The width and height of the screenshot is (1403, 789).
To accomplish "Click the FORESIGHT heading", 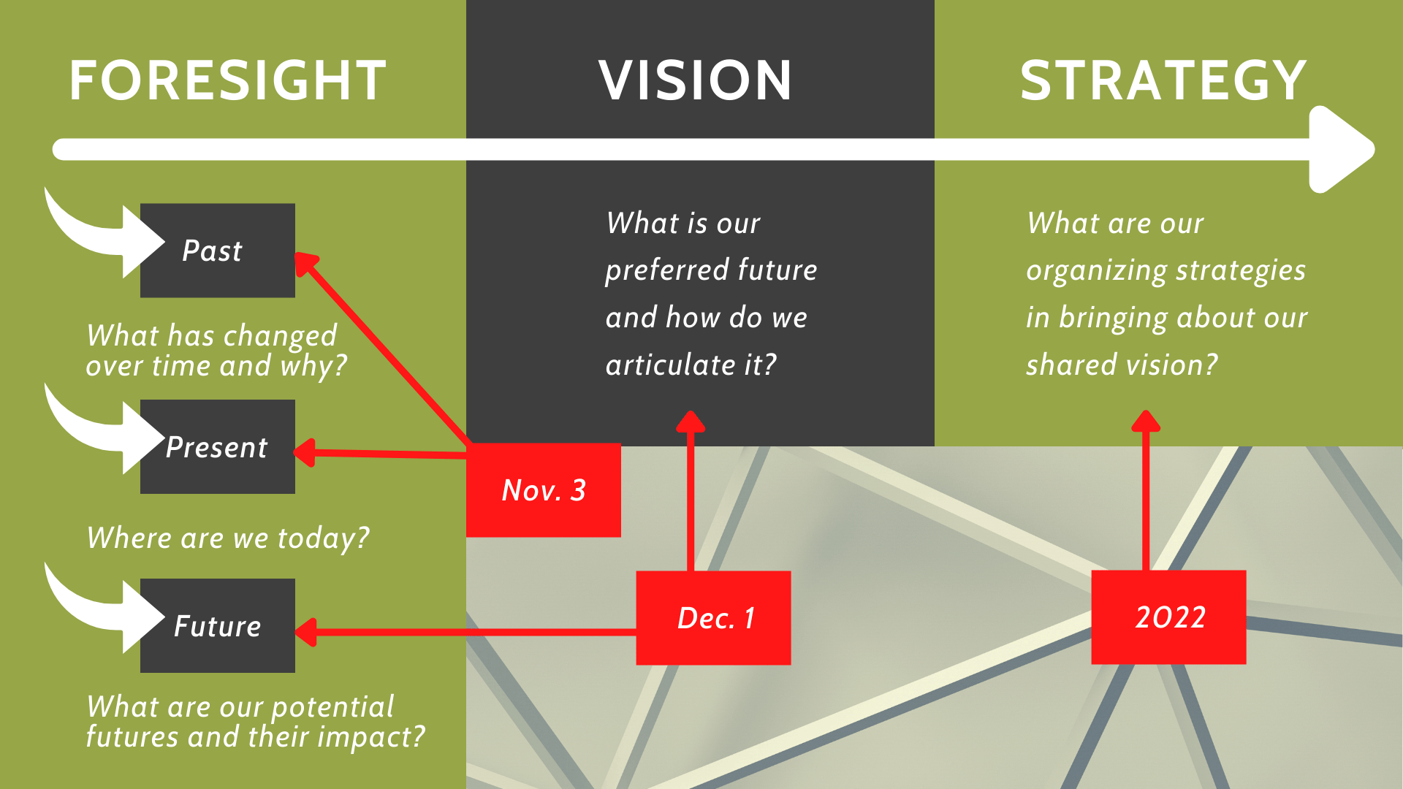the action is (227, 80).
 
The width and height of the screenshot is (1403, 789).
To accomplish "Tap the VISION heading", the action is (696, 80).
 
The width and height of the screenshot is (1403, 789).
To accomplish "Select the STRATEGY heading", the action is (1163, 80).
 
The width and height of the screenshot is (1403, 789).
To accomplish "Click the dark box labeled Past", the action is (218, 251).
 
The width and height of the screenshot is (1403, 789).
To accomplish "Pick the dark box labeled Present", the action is (218, 446).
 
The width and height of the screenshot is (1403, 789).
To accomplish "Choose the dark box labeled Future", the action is (218, 625).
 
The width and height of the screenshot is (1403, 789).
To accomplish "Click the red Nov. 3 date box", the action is (544, 490).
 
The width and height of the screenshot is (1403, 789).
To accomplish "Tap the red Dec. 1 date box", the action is (713, 618).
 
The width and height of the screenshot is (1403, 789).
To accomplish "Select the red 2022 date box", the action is (1168, 617).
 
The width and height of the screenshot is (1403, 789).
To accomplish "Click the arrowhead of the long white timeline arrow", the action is (1341, 150).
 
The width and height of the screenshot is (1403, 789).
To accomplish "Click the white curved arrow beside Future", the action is (102, 608).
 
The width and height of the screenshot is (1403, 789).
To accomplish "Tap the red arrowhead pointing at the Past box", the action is (307, 264).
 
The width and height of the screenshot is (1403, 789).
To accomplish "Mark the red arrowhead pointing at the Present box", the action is (305, 453).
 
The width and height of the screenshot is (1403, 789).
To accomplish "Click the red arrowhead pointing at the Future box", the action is (305, 632).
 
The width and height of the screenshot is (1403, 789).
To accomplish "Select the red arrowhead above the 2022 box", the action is (1146, 421).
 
